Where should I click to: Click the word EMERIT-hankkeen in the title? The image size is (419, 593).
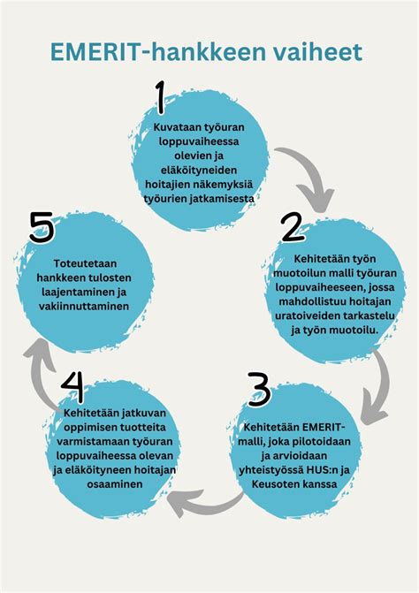(x=149, y=52)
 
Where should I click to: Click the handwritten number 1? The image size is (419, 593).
(x=161, y=97)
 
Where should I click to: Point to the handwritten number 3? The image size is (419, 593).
(x=259, y=390)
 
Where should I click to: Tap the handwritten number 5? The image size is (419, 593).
(x=42, y=227)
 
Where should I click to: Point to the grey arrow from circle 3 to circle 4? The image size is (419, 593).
(x=204, y=500)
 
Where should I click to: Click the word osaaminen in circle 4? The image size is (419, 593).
(x=115, y=484)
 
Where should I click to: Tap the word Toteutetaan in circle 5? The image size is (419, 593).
(x=85, y=263)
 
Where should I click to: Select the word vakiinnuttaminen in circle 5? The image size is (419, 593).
(x=84, y=306)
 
